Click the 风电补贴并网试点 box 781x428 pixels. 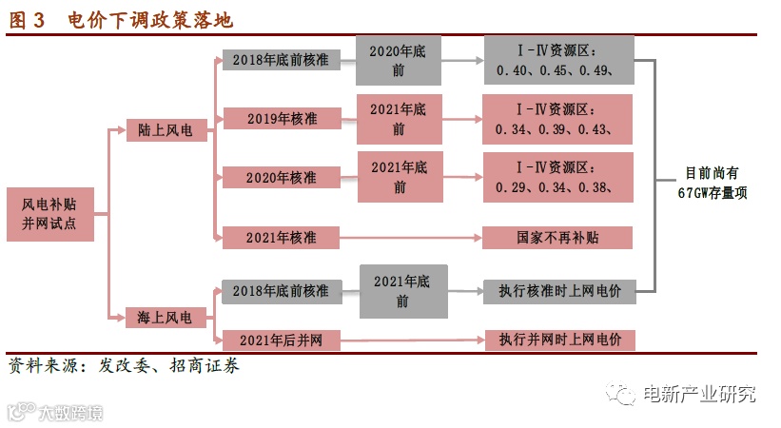pyautogui.click(x=49, y=213)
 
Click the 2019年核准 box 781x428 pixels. pyautogui.click(x=281, y=119)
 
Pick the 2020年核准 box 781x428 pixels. pyautogui.click(x=281, y=178)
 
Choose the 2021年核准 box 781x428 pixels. pyautogui.click(x=281, y=237)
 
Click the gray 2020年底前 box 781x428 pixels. pyautogui.click(x=399, y=60)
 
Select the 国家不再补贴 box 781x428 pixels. pyautogui.click(x=557, y=237)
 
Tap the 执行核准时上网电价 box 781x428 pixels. pyautogui.click(x=558, y=291)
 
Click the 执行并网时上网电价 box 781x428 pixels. pyautogui.click(x=558, y=340)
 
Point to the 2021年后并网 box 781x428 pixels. pyautogui.click(x=281, y=340)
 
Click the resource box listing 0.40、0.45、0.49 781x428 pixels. pyautogui.click(x=558, y=60)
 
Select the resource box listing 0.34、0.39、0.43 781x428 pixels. pyautogui.click(x=557, y=119)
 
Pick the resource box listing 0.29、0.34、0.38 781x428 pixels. pyautogui.click(x=557, y=176)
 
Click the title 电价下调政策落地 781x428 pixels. pyautogui.click(x=150, y=20)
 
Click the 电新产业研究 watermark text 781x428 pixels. pyautogui.click(x=699, y=394)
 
